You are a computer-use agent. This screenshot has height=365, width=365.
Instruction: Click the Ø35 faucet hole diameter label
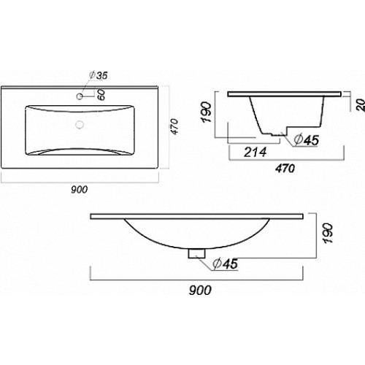pos(98,75)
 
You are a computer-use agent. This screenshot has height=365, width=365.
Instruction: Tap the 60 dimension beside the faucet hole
pos(101,95)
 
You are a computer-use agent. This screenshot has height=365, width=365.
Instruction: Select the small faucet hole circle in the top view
pos(80,96)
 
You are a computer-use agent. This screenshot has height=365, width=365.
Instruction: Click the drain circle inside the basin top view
pos(80,125)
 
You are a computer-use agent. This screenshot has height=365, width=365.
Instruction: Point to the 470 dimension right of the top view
pos(175,126)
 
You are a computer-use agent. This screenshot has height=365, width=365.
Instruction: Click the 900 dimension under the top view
pos(80,190)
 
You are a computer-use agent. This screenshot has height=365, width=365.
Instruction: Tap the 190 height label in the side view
pos(207,112)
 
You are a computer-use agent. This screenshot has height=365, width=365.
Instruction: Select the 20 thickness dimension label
pos(361,105)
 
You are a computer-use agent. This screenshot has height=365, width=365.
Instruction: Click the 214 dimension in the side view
pos(255,152)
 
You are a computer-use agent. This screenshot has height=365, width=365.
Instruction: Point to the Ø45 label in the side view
pos(306,140)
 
